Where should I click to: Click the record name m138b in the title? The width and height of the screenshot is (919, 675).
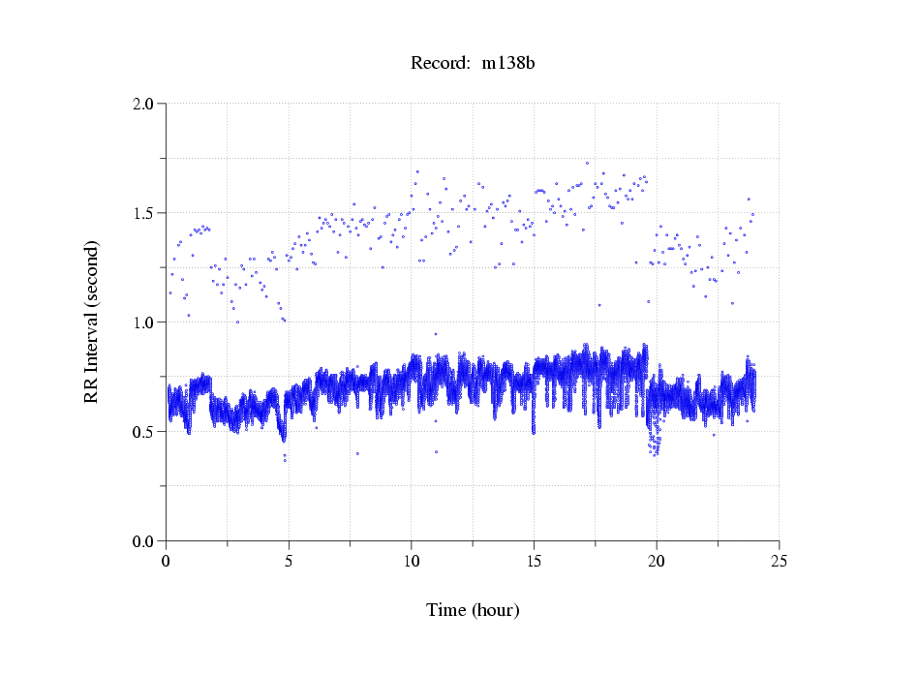click(x=509, y=64)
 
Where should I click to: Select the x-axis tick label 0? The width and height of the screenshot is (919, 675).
click(x=167, y=561)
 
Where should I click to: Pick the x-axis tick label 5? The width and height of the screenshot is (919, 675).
click(x=289, y=561)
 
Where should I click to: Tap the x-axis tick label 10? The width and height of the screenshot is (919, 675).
click(x=412, y=561)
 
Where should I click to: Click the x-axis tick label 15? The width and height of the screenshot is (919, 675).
click(x=534, y=561)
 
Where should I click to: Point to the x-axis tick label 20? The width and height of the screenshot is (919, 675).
click(x=657, y=561)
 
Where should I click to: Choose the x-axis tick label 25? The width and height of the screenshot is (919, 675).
click(x=779, y=561)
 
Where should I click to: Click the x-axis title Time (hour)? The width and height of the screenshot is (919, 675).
click(x=473, y=610)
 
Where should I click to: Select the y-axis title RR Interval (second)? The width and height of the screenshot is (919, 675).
click(x=92, y=322)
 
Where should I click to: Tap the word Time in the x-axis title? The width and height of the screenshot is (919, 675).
click(x=446, y=610)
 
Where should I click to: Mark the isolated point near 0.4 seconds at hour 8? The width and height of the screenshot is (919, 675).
click(x=357, y=453)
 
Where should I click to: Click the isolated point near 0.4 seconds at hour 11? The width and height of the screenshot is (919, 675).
click(x=437, y=452)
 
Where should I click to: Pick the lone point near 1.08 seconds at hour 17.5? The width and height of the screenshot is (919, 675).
click(x=599, y=305)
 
